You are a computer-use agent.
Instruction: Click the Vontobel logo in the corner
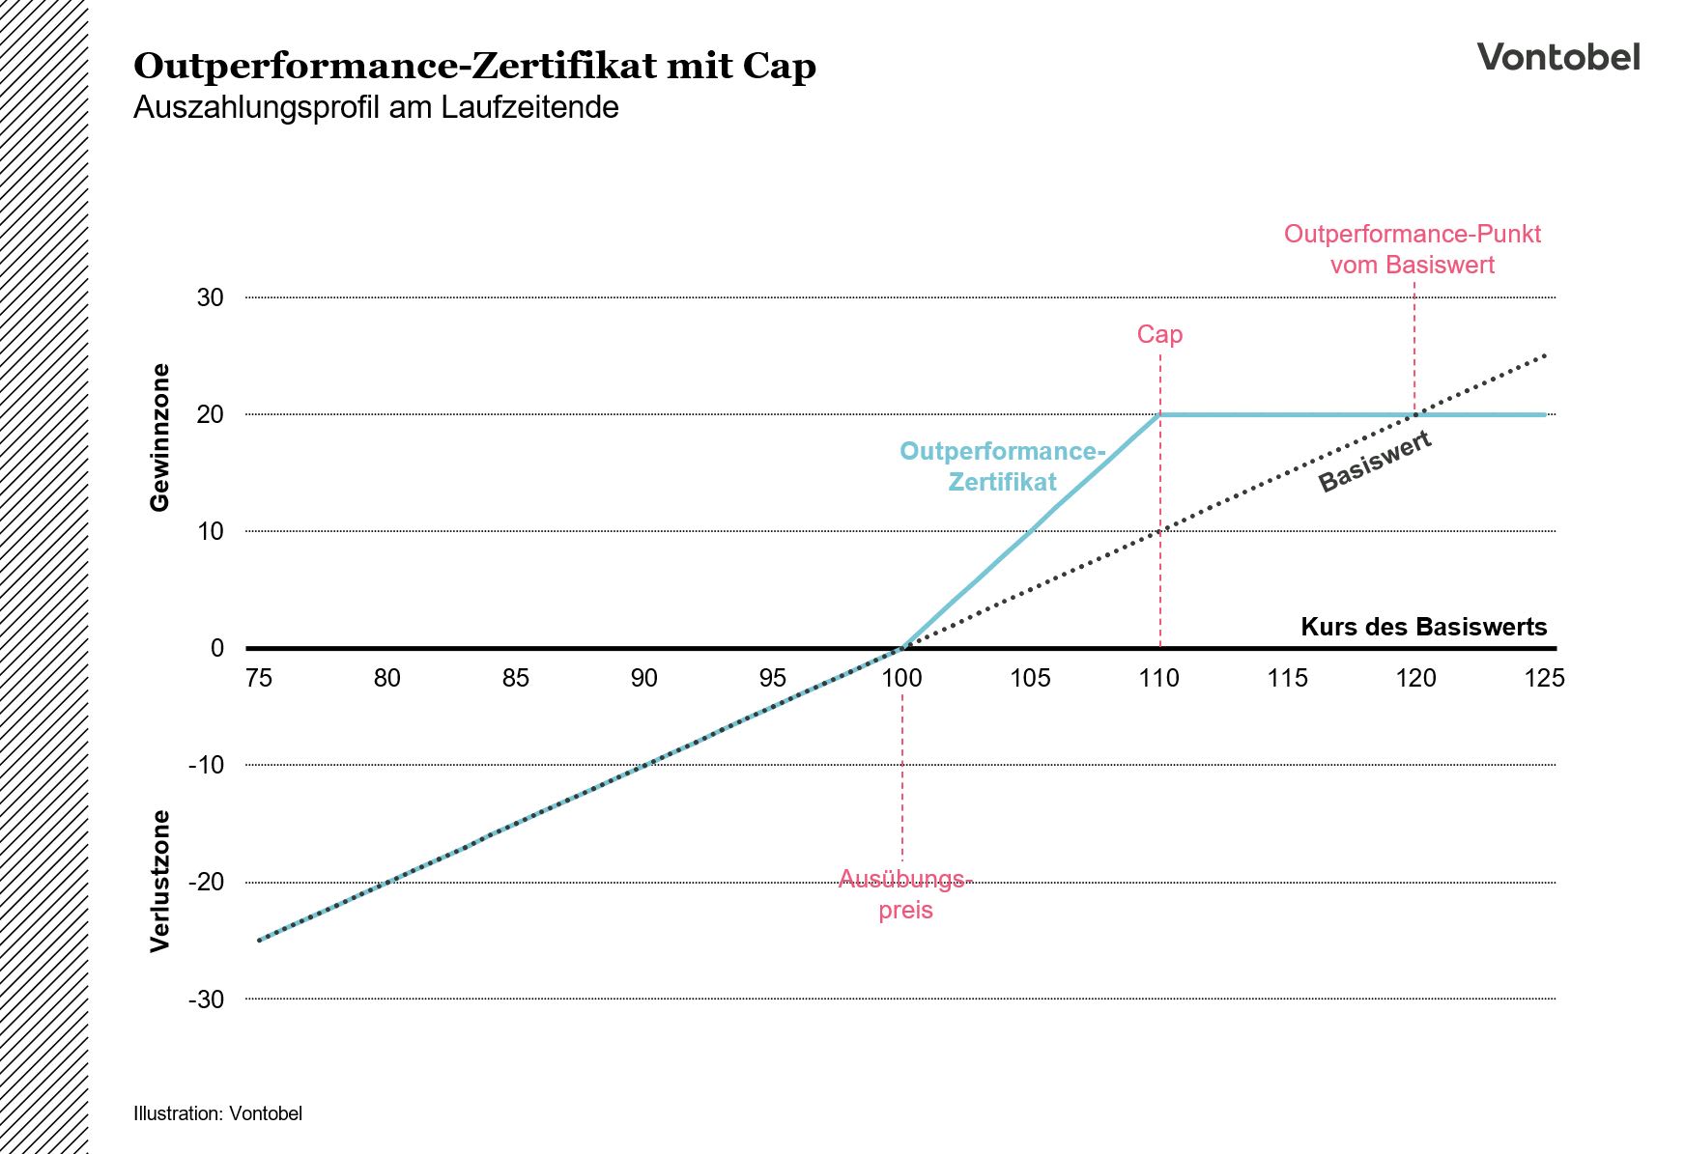click(1557, 57)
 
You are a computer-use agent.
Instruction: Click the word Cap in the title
click(779, 67)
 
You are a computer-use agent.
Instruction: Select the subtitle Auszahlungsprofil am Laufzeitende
click(376, 107)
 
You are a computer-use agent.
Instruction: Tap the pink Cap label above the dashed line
click(1158, 334)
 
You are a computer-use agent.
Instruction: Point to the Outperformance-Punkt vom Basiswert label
click(1412, 249)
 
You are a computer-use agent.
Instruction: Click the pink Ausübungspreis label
click(904, 894)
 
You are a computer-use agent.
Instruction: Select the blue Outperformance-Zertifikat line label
click(1002, 466)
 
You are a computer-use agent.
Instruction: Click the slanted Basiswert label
click(1374, 463)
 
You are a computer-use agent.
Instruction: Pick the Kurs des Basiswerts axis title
click(1423, 627)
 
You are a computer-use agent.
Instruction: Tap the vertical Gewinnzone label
click(160, 437)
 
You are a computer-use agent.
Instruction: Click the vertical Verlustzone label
click(160, 881)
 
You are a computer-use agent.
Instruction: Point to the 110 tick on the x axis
click(1158, 679)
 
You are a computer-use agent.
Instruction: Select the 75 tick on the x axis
click(258, 679)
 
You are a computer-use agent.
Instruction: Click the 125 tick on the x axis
click(1543, 679)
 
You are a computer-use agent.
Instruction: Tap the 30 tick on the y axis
click(210, 297)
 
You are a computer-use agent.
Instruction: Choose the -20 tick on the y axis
click(206, 882)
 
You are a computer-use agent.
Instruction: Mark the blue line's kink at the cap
click(1159, 414)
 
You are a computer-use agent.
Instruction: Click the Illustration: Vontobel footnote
click(217, 1113)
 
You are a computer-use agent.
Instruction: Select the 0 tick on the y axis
click(216, 648)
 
